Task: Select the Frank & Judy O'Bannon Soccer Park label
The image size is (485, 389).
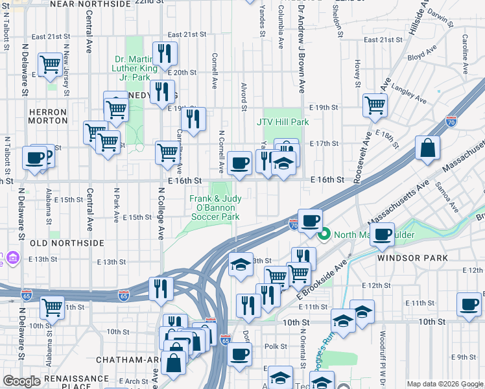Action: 215,207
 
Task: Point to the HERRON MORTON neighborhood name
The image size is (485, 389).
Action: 48,116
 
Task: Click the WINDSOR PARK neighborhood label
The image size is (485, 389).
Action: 413,258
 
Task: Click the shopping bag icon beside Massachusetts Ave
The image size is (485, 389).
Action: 429,148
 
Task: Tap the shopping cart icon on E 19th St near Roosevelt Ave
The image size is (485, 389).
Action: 375,104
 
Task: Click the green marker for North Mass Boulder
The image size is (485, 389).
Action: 327,234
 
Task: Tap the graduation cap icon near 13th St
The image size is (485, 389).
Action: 240,265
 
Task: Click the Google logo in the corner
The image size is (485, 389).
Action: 22,381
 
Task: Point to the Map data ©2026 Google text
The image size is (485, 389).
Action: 444,384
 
